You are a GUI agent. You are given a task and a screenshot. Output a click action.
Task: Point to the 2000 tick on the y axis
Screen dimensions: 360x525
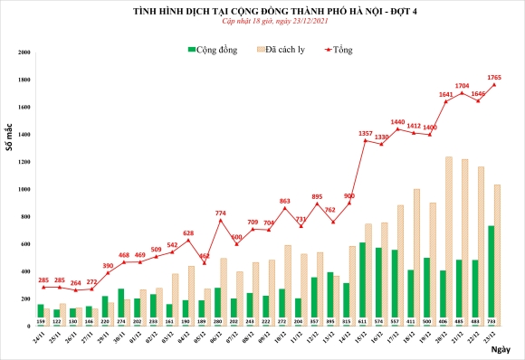[22, 53]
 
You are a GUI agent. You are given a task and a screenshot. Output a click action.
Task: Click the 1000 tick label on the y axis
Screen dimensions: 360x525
[22, 190]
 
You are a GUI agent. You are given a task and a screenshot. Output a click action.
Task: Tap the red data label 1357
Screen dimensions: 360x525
[366, 134]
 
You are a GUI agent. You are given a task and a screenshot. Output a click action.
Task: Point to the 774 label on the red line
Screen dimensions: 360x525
[221, 213]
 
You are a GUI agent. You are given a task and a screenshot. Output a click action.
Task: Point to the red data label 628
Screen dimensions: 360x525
[188, 232]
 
